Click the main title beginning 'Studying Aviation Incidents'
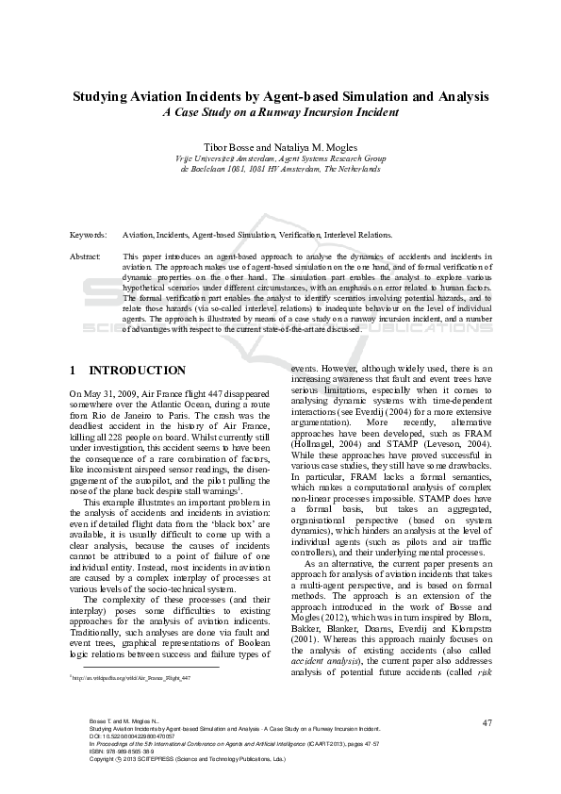pos(280,96)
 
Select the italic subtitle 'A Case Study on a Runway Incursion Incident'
pos(280,112)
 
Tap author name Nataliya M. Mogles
pos(315,148)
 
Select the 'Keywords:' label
pos(88,233)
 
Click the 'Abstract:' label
pos(86,256)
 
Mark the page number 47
pos(487,722)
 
